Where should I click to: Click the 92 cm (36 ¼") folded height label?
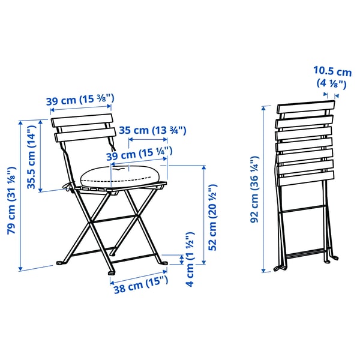click(254, 190)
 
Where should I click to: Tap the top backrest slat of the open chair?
click(82, 120)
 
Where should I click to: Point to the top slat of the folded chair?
click(305, 109)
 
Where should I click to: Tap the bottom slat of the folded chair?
click(305, 178)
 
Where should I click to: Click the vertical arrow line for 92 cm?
click(265, 190)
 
